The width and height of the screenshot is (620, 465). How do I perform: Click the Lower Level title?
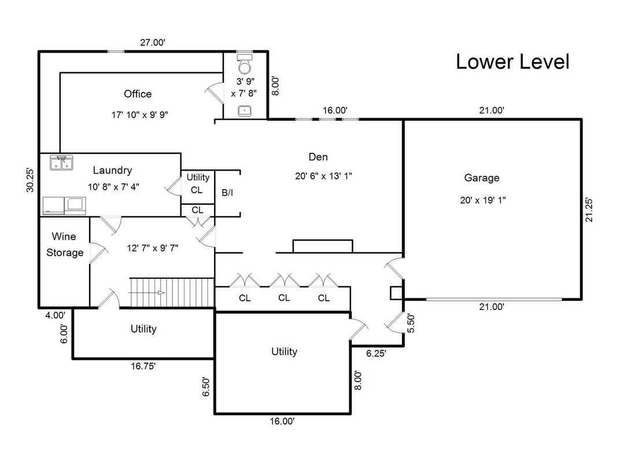[x=512, y=61]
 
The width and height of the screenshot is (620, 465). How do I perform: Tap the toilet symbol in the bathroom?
[x=245, y=64]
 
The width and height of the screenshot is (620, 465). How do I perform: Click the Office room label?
[x=138, y=94]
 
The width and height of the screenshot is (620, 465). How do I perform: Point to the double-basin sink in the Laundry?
[x=61, y=163]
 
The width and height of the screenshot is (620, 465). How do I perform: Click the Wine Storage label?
[x=64, y=245]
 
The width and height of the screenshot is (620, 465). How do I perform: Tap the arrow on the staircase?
[x=147, y=293]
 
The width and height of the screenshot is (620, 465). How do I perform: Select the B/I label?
[x=228, y=193]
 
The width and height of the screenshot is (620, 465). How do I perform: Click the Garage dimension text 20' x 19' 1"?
[x=481, y=200]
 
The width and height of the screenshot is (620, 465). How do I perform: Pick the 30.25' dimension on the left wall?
[x=30, y=180]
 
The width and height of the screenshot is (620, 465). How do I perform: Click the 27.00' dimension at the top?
[x=153, y=43]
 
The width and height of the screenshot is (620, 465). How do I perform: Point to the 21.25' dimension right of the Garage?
[x=589, y=210]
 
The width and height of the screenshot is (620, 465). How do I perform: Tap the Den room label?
[x=318, y=157]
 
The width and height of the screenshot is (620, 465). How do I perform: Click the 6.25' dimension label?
[x=377, y=353]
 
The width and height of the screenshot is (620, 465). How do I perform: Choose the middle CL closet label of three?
[x=283, y=298]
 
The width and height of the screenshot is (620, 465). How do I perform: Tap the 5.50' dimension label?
[x=411, y=323]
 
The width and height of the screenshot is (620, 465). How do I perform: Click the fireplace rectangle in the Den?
[x=323, y=246]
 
